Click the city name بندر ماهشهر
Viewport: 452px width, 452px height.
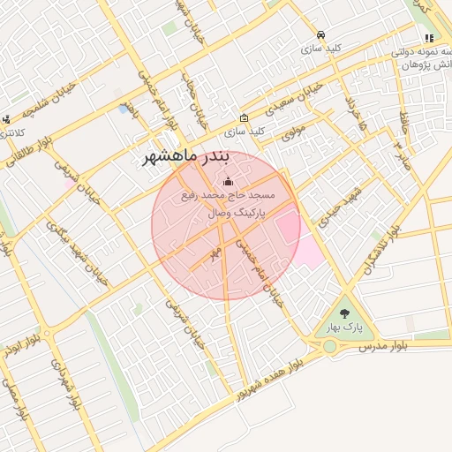click(x=186, y=158)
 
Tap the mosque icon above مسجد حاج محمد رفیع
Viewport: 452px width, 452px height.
click(x=229, y=182)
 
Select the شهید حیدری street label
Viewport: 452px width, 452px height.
click(x=330, y=207)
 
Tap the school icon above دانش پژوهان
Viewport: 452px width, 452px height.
click(x=429, y=38)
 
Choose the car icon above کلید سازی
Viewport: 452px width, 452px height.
click(x=320, y=35)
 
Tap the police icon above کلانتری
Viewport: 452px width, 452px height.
click(x=6, y=118)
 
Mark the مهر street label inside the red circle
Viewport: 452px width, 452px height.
click(x=214, y=252)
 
